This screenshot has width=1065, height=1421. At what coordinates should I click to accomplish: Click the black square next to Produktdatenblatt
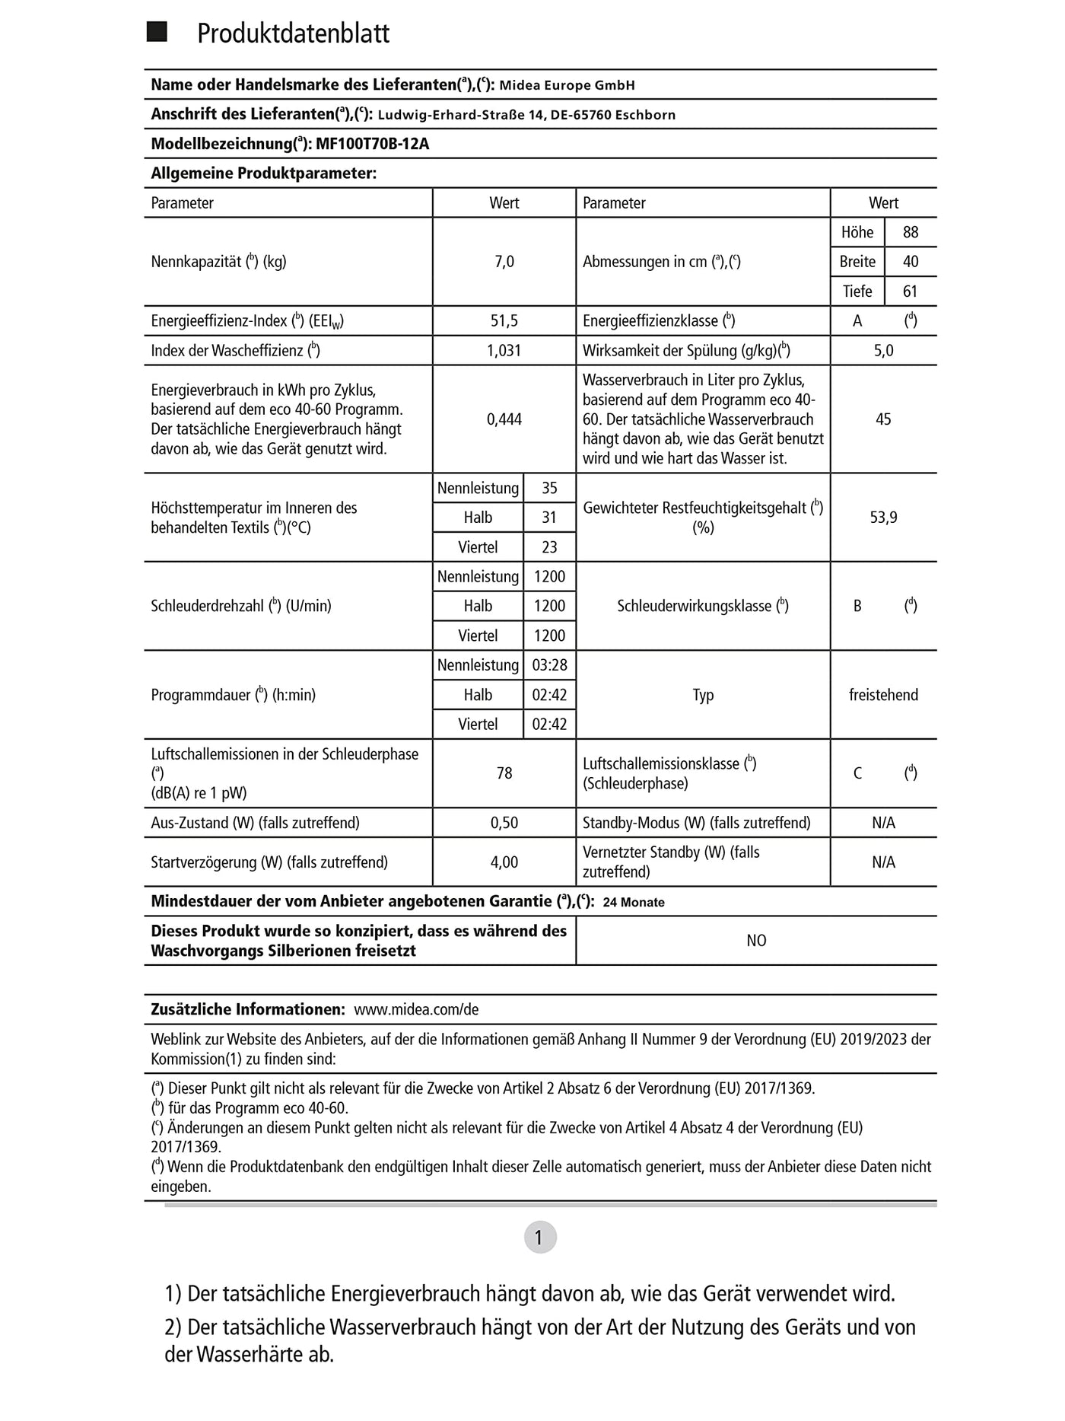[x=157, y=32]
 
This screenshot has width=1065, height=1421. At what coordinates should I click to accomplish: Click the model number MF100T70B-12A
[x=372, y=144]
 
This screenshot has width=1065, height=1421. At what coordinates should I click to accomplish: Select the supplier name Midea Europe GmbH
[x=567, y=85]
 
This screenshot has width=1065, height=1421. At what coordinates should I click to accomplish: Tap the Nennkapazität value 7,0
[x=504, y=262]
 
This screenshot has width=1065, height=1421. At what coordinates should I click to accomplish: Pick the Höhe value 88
[x=911, y=232]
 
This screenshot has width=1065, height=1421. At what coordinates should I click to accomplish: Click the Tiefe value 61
[x=911, y=292]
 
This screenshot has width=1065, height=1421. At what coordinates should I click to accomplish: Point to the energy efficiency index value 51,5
[x=504, y=321]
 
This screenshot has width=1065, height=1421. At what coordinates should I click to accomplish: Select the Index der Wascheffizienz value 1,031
[x=504, y=351]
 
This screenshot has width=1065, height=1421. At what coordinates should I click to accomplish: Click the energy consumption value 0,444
[x=504, y=419]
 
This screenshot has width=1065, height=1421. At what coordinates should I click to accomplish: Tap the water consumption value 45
[x=883, y=419]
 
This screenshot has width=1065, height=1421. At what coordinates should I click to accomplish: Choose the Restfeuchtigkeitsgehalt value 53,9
[x=883, y=518]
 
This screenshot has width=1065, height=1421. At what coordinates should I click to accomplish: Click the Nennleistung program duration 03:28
[x=549, y=665]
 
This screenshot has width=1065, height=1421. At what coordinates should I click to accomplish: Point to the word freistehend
[x=883, y=695]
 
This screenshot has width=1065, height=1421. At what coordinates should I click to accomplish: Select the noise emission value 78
[x=504, y=773]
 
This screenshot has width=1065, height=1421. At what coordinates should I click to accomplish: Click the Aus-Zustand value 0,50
[x=504, y=823]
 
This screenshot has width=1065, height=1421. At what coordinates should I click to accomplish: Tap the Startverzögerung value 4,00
[x=504, y=862]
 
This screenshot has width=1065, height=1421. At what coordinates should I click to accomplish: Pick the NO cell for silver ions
[x=756, y=941]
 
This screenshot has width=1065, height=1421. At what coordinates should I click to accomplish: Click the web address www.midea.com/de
[x=416, y=1010]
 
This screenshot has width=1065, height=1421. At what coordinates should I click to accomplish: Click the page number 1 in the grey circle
[x=540, y=1237]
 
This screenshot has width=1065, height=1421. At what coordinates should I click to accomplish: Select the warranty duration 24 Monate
[x=634, y=903]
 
